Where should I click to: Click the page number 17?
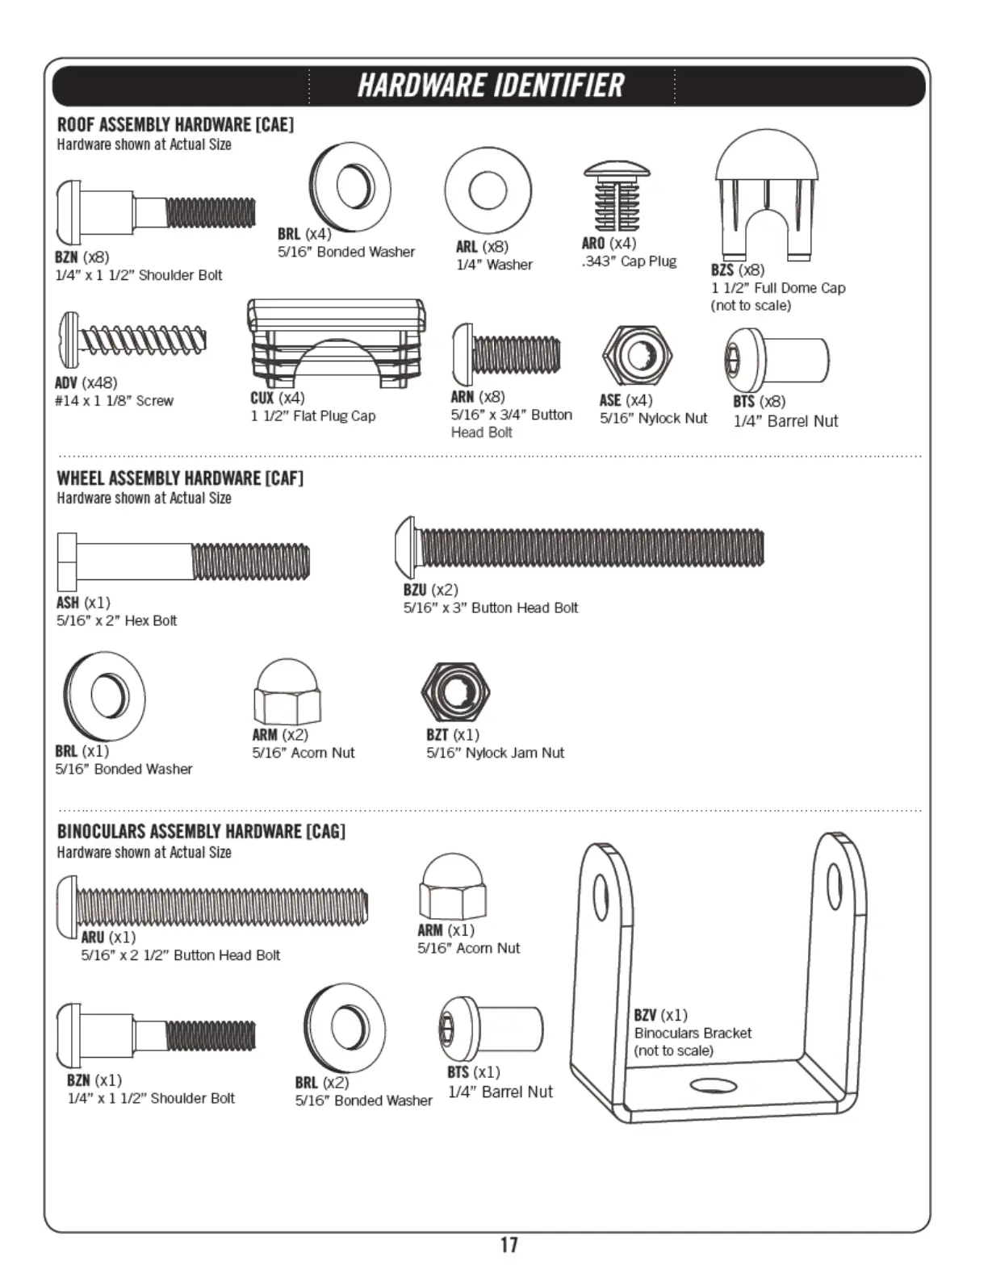[509, 1244]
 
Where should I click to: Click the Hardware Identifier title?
[491, 86]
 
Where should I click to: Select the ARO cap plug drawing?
[617, 197]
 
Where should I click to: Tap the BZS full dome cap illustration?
[766, 194]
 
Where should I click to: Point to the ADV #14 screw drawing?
[132, 340]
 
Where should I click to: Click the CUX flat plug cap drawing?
[336, 342]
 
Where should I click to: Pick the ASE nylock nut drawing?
[637, 355]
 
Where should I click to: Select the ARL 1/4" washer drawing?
[488, 190]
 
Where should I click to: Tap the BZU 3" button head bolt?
[580, 548]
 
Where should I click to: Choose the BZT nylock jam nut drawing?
[456, 691]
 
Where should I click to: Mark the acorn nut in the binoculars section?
[452, 887]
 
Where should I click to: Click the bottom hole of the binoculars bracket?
[714, 1085]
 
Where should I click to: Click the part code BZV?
[645, 1015]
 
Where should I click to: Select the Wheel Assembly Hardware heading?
[180, 478]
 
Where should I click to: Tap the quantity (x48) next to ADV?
[99, 382]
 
